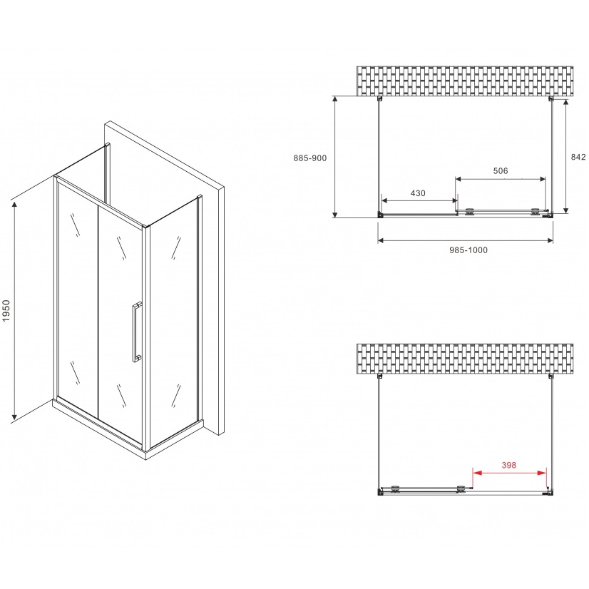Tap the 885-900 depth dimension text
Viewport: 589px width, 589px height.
pyautogui.click(x=309, y=158)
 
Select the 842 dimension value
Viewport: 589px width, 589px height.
pyautogui.click(x=578, y=157)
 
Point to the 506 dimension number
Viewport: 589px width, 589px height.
pyautogui.click(x=500, y=170)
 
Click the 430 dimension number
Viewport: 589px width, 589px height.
pyautogui.click(x=418, y=193)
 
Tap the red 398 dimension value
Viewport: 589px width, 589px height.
pyautogui.click(x=508, y=466)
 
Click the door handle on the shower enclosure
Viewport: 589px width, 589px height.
pyautogui.click(x=135, y=333)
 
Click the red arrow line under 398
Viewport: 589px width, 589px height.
pyautogui.click(x=508, y=473)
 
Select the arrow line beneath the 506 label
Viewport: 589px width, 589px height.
pyautogui.click(x=501, y=178)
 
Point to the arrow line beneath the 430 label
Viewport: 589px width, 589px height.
pyautogui.click(x=419, y=200)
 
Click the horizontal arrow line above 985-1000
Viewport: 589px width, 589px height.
pyautogui.click(x=465, y=240)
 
